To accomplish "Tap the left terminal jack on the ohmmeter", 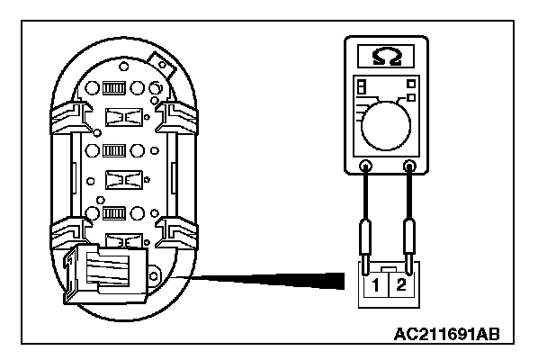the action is (x=366, y=166).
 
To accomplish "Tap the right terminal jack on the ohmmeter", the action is (x=410, y=166).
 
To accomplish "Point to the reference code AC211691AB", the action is (x=446, y=333).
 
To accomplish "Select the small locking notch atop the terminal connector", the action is (x=388, y=269).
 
